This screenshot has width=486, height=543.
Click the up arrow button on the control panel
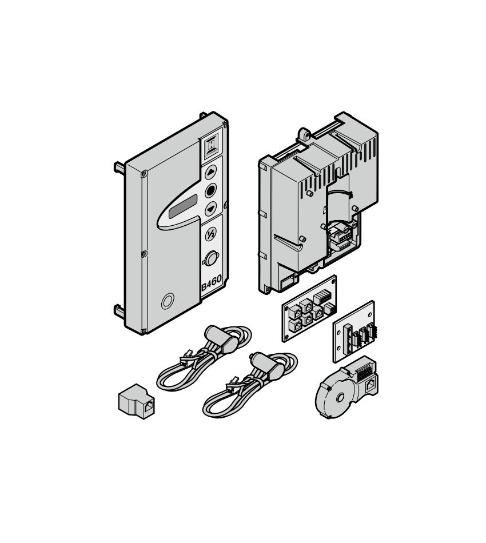tap(211, 172)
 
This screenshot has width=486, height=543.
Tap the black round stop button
tap(210, 190)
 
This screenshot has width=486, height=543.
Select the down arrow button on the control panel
tap(210, 209)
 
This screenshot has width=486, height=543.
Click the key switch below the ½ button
tap(210, 258)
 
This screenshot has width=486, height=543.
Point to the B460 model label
tap(212, 284)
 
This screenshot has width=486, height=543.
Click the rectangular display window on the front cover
tap(183, 206)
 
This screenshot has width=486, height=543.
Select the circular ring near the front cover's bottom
tap(168, 301)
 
